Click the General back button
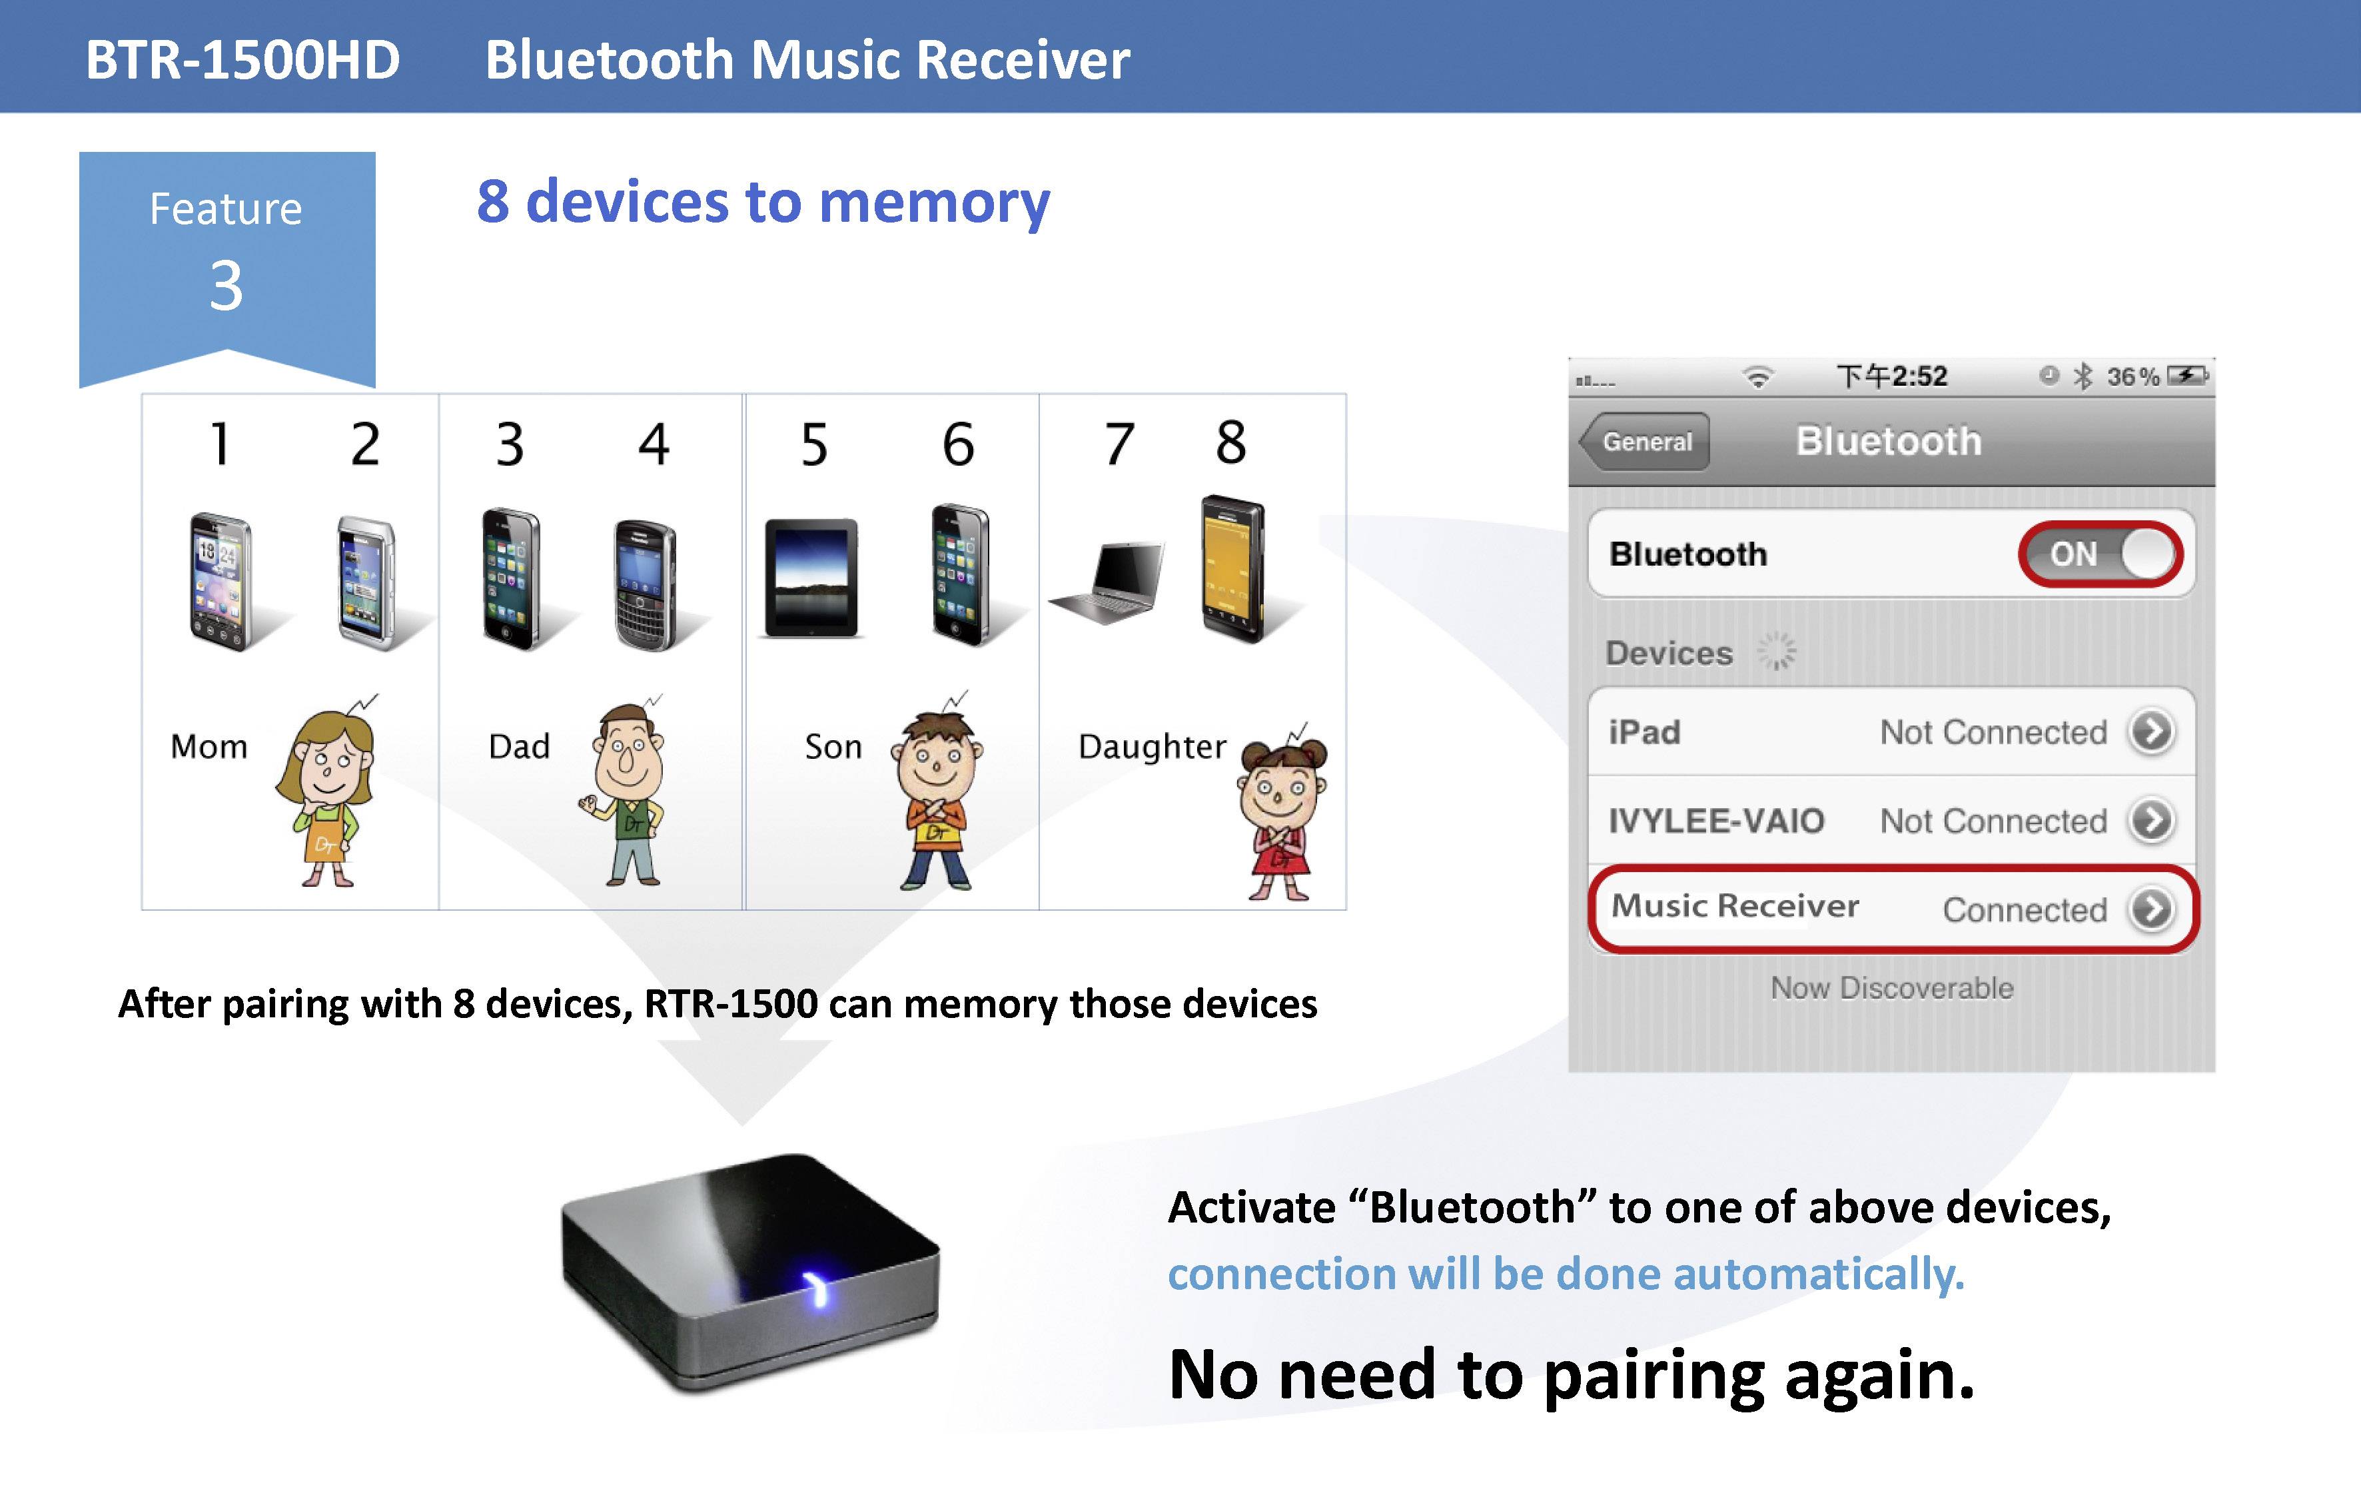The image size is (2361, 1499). click(1646, 442)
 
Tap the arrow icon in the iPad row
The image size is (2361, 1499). click(2151, 732)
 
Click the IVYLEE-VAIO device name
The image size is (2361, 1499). click(1716, 821)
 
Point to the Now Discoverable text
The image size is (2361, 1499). click(1891, 987)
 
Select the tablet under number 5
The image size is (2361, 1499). click(811, 578)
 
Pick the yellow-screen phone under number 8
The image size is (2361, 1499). click(1232, 568)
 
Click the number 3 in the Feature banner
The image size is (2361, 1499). click(227, 286)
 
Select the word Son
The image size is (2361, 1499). click(833, 747)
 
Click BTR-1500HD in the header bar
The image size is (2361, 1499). click(242, 60)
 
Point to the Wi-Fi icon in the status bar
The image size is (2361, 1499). click(1759, 376)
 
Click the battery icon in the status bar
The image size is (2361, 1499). click(2186, 376)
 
